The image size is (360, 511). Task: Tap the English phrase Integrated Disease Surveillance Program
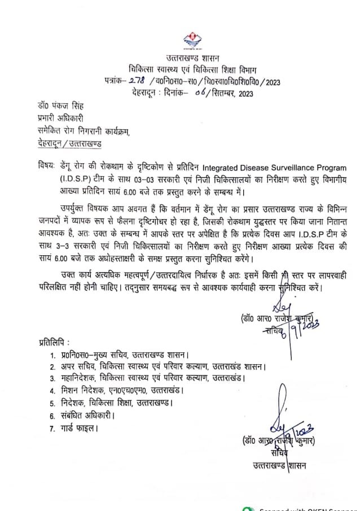(x=261, y=168)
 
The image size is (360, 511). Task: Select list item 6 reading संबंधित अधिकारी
(x=86, y=415)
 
